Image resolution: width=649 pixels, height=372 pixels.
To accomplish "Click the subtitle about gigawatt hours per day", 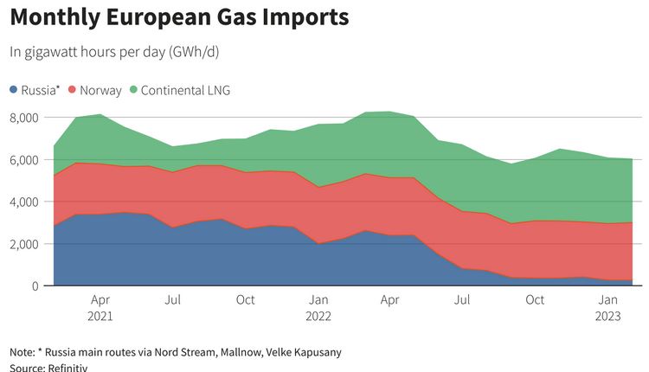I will pos(114,52).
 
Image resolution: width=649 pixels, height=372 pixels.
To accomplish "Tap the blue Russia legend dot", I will pos(14,90).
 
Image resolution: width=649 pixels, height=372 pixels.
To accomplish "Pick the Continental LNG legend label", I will pos(185,90).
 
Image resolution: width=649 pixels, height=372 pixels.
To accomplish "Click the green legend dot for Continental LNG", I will pos(133,90).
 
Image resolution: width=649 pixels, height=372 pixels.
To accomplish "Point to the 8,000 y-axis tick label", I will pos(23,118).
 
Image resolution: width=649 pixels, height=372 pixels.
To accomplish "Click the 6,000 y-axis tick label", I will pos(23,160).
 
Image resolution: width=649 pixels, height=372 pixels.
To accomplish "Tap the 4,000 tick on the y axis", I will pos(23,202).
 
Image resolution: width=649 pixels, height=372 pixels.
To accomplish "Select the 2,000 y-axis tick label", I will pos(23,244).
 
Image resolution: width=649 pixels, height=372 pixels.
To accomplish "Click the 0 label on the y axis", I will pos(34,286).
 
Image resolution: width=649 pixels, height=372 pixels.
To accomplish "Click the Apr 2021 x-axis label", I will pos(101,307).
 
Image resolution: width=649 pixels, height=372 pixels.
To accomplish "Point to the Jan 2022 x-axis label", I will pos(319,307).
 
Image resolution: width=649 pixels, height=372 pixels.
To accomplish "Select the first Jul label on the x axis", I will pos(174,300).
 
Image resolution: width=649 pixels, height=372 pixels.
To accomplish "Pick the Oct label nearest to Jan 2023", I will pos(536,300).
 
